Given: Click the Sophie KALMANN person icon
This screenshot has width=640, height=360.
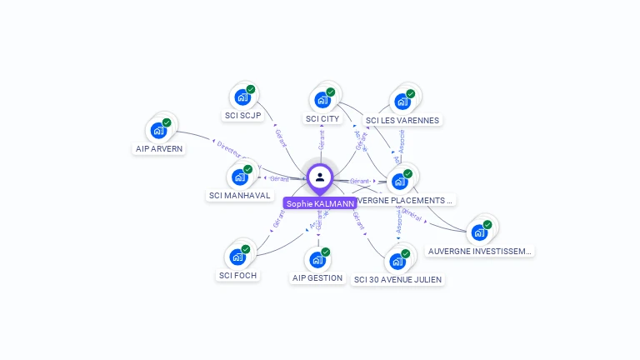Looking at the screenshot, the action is click(320, 177).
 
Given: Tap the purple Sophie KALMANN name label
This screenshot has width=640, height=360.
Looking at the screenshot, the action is click(320, 203).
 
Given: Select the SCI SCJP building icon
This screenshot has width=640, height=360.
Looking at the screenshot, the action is click(242, 97).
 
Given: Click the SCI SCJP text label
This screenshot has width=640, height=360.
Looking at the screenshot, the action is click(242, 116).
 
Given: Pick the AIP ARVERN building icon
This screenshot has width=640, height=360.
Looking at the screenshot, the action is click(157, 131).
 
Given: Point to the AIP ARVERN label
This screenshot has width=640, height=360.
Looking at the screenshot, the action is click(159, 149).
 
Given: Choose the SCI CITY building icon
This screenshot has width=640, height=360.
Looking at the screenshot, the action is click(322, 100).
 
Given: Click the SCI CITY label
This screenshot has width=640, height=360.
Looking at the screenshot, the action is click(322, 119).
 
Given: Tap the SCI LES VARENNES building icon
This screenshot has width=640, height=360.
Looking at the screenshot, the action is click(402, 102).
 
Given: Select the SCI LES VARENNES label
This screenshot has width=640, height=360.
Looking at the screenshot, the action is click(402, 120).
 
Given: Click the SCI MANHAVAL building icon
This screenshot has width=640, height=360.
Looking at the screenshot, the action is click(239, 177).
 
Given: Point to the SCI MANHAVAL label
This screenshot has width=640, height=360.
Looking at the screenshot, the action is click(239, 196).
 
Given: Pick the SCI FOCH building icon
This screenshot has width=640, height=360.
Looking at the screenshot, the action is click(237, 257).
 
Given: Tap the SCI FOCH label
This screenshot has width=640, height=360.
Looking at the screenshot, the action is click(237, 275).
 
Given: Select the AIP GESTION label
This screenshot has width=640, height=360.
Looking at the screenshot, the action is click(317, 277).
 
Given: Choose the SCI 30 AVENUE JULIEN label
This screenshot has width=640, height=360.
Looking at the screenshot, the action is click(397, 279).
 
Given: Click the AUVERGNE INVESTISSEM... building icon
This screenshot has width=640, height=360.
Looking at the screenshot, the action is click(478, 232).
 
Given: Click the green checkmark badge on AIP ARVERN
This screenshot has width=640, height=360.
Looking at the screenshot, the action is click(167, 122).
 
